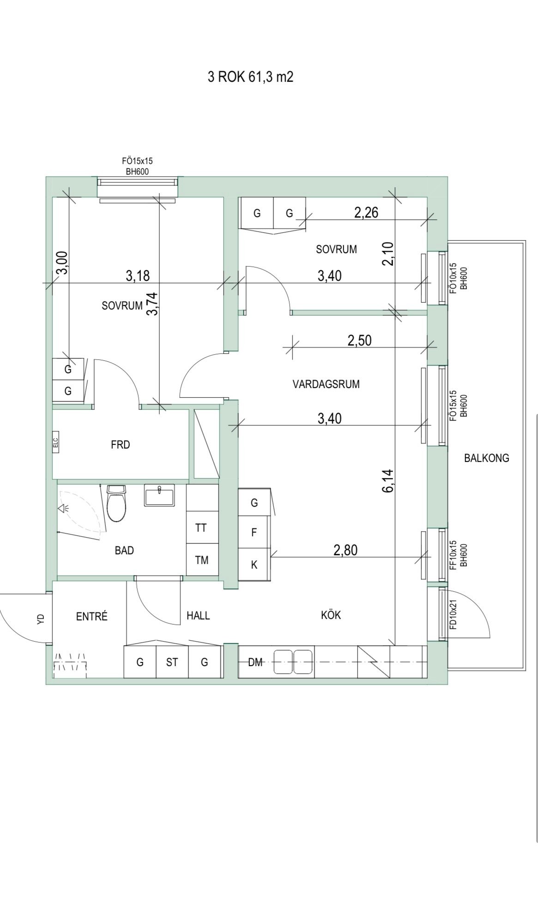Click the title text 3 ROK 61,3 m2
pos(250,77)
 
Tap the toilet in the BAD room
pos(116,503)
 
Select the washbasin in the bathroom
pos(159,495)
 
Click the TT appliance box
pos(201,527)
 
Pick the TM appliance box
pos(201,560)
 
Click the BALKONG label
pos(486,458)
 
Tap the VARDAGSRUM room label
pos(326,384)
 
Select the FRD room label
pos(120,445)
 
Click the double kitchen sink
pos(293,662)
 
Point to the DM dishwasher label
pos(255,662)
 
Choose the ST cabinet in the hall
pos(172,662)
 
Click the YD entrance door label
pos(41,618)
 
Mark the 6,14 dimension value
pos(388,480)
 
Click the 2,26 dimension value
pos(366,212)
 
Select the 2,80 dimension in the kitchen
pos(345,550)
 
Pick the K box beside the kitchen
pos(254,564)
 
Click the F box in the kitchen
pos(254,533)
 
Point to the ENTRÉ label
pos(92,616)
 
